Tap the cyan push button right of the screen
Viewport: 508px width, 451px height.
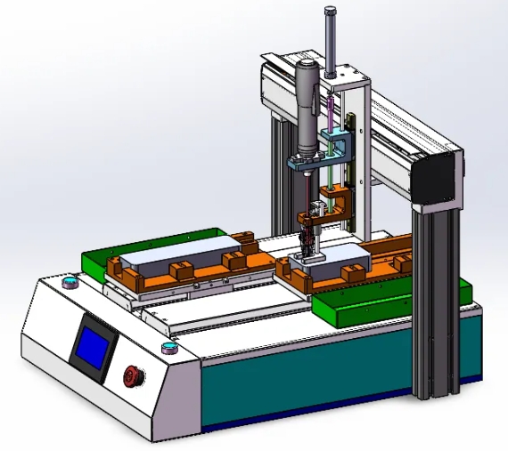[166, 347]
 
